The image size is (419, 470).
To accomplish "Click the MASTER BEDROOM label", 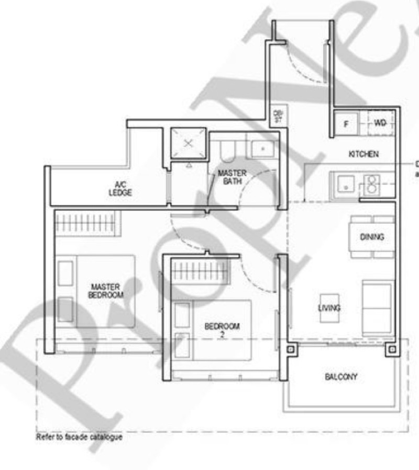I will click(105, 291).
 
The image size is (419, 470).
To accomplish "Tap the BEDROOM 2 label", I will click(222, 330).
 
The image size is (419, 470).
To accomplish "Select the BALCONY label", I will click(341, 376).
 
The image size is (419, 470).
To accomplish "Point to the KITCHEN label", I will click(363, 154).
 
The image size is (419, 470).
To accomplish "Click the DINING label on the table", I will click(372, 237).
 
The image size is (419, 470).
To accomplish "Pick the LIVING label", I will click(329, 307).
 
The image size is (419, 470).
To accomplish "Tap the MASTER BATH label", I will click(232, 177).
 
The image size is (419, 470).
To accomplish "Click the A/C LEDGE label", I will click(120, 188).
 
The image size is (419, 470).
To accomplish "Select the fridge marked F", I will click(346, 124).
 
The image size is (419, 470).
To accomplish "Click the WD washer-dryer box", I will click(380, 124).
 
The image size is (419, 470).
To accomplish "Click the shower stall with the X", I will click(189, 142).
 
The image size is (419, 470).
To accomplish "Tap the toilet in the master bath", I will click(228, 150).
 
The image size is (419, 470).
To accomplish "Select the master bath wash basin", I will click(262, 148).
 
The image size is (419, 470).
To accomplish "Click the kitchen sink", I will click(345, 184).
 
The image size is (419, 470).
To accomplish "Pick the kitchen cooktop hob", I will click(371, 184).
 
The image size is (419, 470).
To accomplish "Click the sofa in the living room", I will click(378, 307).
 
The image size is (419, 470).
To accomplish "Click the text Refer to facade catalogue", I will click(79, 437).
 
